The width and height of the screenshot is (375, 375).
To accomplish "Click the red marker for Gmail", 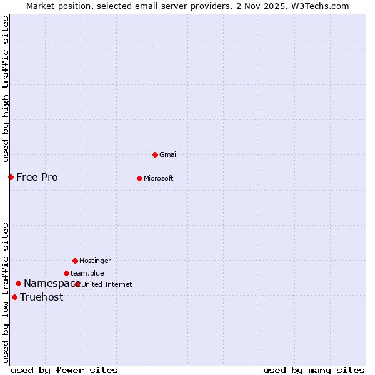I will point(155,154).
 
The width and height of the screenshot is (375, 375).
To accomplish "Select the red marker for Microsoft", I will point(139,178).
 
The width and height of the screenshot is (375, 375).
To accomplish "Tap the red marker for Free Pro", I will point(11,177).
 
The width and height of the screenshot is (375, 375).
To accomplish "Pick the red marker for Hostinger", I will point(75,261).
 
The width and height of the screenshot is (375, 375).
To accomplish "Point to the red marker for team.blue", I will point(66,273).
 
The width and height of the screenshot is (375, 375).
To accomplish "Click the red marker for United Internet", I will point(77,284).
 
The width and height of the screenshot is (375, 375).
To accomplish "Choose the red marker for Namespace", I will point(18,283).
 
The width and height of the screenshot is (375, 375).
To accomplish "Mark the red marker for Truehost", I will point(14,297).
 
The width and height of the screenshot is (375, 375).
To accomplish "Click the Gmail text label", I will point(169,154).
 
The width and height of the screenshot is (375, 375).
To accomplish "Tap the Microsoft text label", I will point(159,178).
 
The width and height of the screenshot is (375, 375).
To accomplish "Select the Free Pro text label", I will point(37,177).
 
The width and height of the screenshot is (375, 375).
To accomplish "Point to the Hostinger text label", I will point(96,261).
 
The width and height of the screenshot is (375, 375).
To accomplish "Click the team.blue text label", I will point(87,273).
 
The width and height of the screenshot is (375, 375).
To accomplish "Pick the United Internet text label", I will point(107,284).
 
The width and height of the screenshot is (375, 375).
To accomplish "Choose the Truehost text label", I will point(41,297).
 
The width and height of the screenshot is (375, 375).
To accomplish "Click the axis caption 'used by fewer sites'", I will point(64,370).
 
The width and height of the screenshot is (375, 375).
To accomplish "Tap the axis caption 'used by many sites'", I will point(314,370).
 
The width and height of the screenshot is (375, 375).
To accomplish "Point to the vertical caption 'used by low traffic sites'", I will point(6,292).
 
